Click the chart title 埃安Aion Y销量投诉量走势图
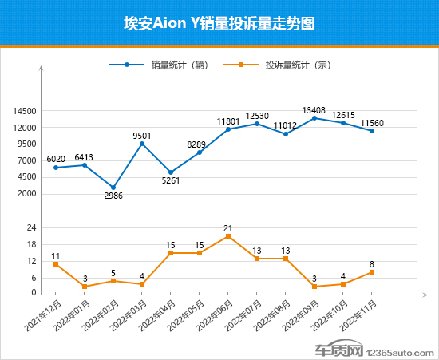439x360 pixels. (219, 24)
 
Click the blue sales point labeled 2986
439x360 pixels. (113, 188)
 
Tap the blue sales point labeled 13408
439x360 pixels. (314, 118)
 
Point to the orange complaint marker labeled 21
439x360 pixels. (228, 236)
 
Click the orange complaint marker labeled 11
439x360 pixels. (56, 264)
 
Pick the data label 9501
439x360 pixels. (142, 136)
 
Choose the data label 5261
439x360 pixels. (171, 180)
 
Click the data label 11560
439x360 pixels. (372, 122)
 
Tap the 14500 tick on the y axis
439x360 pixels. (24, 111)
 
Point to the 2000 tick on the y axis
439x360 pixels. (26, 193)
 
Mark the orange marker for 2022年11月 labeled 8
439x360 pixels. (372, 272)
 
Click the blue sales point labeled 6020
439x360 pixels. (56, 168)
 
